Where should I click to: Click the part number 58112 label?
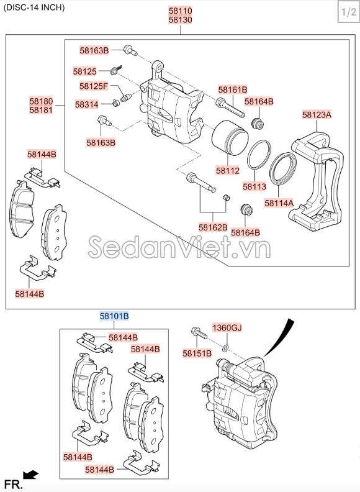(x=228, y=170)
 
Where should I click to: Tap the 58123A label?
(x=317, y=114)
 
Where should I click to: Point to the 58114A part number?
(x=279, y=202)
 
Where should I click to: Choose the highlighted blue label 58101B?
(x=115, y=316)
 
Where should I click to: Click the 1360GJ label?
(x=227, y=327)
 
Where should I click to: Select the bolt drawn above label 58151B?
(x=198, y=334)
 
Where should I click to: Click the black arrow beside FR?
(x=30, y=476)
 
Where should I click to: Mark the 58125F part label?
(x=93, y=86)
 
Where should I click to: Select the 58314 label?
(x=86, y=104)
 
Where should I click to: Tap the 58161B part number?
(x=232, y=89)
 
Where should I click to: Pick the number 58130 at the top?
(x=180, y=20)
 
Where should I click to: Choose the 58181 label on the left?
(x=41, y=110)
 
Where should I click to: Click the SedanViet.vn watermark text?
(x=180, y=247)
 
